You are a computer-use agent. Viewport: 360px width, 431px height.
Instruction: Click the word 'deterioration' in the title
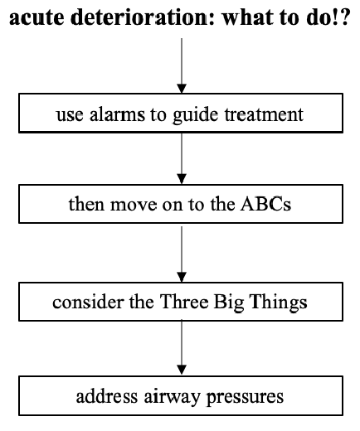pos(142,17)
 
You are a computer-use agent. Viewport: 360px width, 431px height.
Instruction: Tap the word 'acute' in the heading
pos(36,18)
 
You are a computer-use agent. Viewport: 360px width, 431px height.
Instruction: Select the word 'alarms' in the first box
pos(117,114)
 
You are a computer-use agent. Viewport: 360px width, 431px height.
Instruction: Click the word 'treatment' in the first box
pos(264,114)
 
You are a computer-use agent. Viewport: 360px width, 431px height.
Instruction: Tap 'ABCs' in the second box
pos(265,204)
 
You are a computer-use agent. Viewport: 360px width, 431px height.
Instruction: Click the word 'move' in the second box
pos(133,206)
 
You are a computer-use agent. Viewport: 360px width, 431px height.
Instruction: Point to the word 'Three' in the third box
pos(184,301)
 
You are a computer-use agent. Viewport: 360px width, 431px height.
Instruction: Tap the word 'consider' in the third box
pos(90,301)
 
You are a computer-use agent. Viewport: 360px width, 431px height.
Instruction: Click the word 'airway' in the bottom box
pos(172,397)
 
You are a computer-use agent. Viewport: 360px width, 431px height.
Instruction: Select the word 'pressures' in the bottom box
pos(245,398)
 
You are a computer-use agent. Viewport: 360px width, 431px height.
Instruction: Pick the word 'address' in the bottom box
pos(107,396)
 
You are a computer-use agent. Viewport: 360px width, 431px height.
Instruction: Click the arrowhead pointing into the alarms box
pos(182,89)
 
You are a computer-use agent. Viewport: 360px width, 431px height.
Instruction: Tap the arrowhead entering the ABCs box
pos(182,179)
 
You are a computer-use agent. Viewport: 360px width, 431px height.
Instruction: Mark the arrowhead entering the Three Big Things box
pos(182,277)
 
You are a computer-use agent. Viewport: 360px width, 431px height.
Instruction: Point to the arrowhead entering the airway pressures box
pos(182,370)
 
